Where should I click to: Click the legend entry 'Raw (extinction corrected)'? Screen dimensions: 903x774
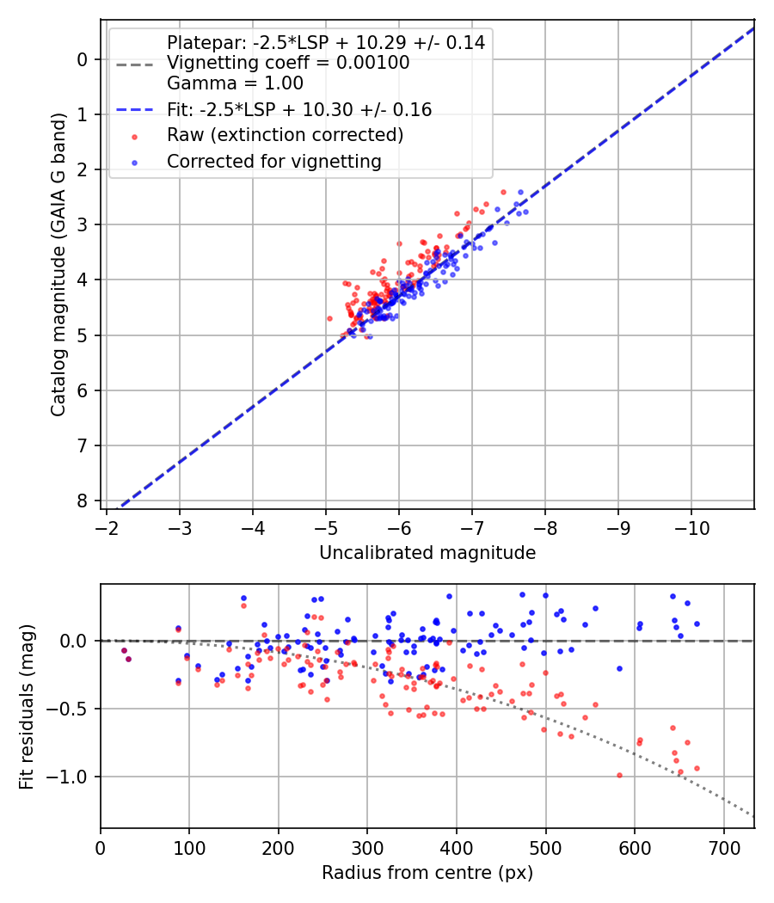pyautogui.click(x=285, y=135)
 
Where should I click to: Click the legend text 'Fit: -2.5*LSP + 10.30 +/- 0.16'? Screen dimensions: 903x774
pyautogui.click(x=299, y=110)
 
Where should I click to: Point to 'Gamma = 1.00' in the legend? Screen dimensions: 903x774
pyautogui.click(x=235, y=83)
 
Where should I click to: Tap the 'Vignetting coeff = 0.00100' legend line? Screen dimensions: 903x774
pyautogui.click(x=288, y=63)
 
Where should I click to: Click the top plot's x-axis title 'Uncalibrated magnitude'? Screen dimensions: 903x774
pyautogui.click(x=427, y=553)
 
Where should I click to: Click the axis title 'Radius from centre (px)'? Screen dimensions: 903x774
pyautogui.click(x=427, y=873)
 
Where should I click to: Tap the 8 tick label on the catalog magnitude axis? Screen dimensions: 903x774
pyautogui.click(x=83, y=501)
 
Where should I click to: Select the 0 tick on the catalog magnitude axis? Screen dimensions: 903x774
pyautogui.click(x=83, y=59)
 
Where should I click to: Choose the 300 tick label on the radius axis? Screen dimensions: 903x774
pyautogui.click(x=367, y=847)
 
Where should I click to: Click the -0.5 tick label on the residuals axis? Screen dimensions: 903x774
pyautogui.click(x=71, y=709)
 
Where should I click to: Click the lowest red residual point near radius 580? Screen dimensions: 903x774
pyautogui.click(x=619, y=775)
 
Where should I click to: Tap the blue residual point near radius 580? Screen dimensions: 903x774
pyautogui.click(x=619, y=668)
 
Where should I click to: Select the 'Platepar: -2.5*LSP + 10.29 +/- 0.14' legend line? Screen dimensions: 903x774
pyautogui.click(x=326, y=42)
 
